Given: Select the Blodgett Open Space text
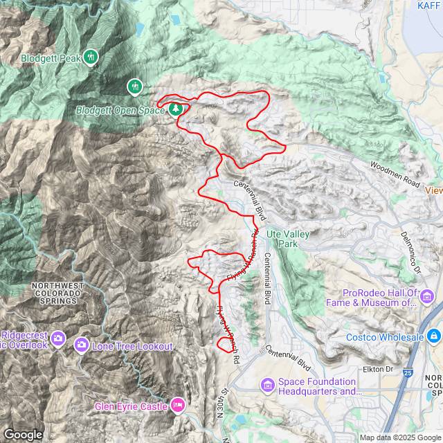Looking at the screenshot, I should point(119,109).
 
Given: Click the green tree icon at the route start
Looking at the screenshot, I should point(177,109).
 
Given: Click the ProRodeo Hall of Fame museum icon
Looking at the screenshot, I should point(427,298).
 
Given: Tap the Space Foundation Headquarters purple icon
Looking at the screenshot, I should point(267,385).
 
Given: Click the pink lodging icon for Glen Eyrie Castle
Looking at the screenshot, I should point(178,404).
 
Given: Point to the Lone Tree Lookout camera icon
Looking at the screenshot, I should point(82,344).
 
